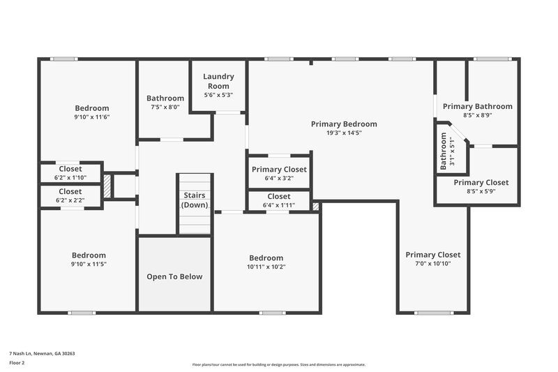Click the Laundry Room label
pyautogui.click(x=218, y=81)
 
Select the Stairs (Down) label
pyautogui.click(x=194, y=200)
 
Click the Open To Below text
pyautogui.click(x=174, y=276)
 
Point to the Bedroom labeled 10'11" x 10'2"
pyautogui.click(x=266, y=262)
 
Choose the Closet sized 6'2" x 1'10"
pyautogui.click(x=70, y=173)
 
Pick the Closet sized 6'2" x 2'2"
pyautogui.click(x=70, y=195)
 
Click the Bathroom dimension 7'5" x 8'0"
pyautogui.click(x=165, y=107)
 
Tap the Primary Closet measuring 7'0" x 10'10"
pyautogui.click(x=432, y=259)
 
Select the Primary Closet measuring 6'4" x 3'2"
pyautogui.click(x=279, y=173)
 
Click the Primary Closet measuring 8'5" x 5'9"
pyautogui.click(x=481, y=186)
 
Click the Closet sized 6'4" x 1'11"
pyautogui.click(x=279, y=201)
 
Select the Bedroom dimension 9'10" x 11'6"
pyautogui.click(x=92, y=117)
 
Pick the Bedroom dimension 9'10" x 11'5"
pyautogui.click(x=89, y=264)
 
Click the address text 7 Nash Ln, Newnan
pyautogui.click(x=42, y=353)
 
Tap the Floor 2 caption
pyautogui.click(x=17, y=363)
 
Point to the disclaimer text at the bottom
pyautogui.click(x=278, y=364)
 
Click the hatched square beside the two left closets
pyautogui.click(x=107, y=188)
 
